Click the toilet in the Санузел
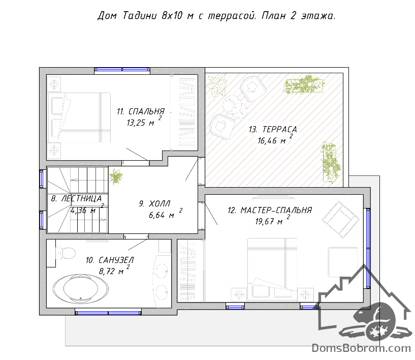(x=66, y=254)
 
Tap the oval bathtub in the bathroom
(x=80, y=289)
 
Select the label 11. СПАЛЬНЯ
(x=141, y=111)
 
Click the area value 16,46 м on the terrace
(x=272, y=141)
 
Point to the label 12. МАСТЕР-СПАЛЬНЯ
(x=270, y=211)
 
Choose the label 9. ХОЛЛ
(x=155, y=204)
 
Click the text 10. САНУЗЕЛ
(x=110, y=260)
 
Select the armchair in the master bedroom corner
(x=341, y=219)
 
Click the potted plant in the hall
(x=116, y=176)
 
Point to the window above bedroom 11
(x=122, y=70)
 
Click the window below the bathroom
(x=108, y=313)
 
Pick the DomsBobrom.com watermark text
(x=361, y=348)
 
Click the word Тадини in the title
(x=140, y=16)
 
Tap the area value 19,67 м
(x=269, y=222)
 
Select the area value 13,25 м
(x=140, y=123)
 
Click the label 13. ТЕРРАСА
(x=273, y=129)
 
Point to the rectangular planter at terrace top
(x=303, y=85)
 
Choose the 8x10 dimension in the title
(x=172, y=16)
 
